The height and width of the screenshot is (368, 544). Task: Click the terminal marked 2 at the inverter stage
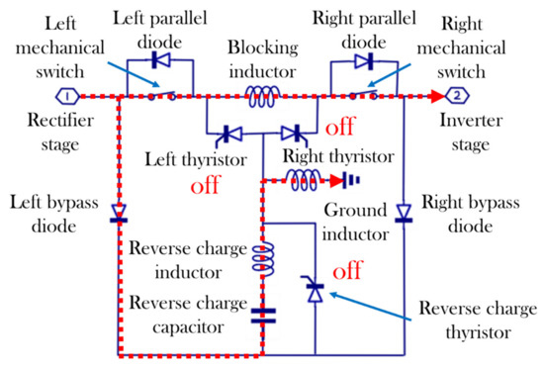459,97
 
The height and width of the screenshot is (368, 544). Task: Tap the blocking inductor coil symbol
263,95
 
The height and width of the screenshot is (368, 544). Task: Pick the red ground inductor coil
304,180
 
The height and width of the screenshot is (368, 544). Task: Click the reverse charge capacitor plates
262,317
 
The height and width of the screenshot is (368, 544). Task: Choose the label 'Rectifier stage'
62,135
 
